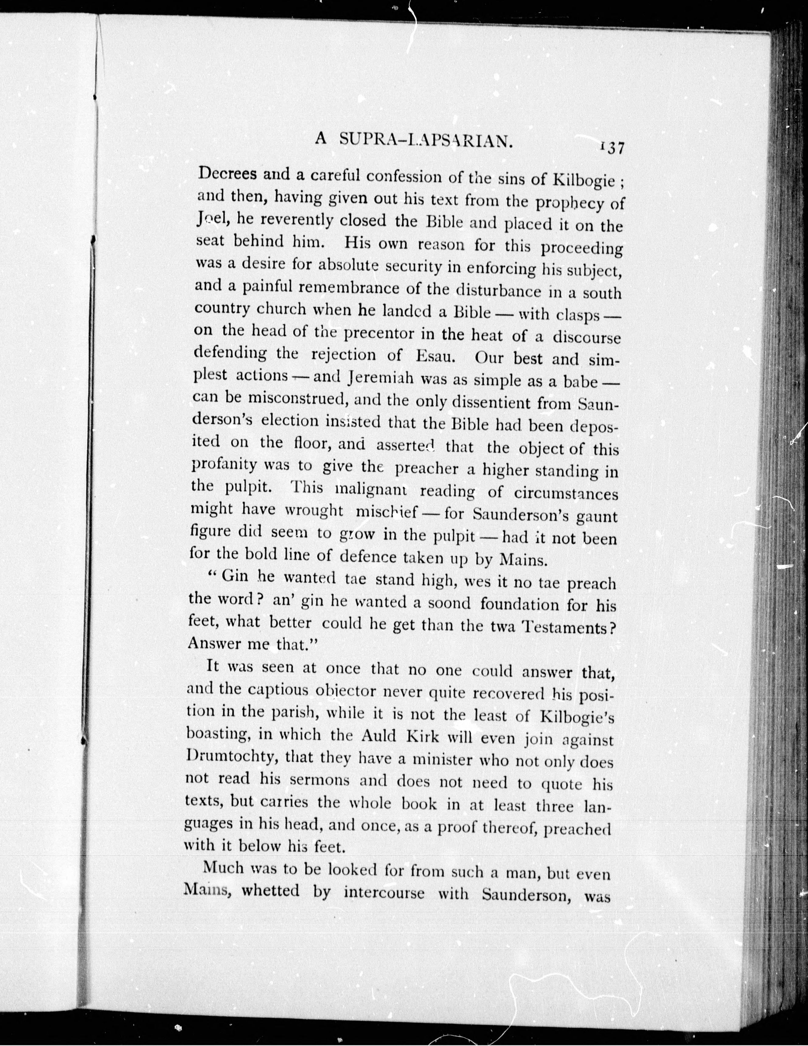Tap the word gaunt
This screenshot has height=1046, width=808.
coord(596,517)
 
